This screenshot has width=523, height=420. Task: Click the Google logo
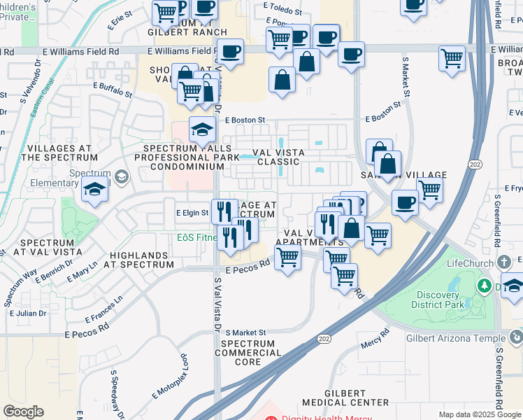tap(23, 412)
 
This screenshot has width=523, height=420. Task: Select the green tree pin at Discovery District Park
tap(483, 286)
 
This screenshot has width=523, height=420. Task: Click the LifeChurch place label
tap(471, 264)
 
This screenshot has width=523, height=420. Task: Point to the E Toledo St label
tap(282, 12)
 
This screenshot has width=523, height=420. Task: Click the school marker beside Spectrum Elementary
tap(94, 189)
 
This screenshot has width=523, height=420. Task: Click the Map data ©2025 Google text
tap(480, 414)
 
